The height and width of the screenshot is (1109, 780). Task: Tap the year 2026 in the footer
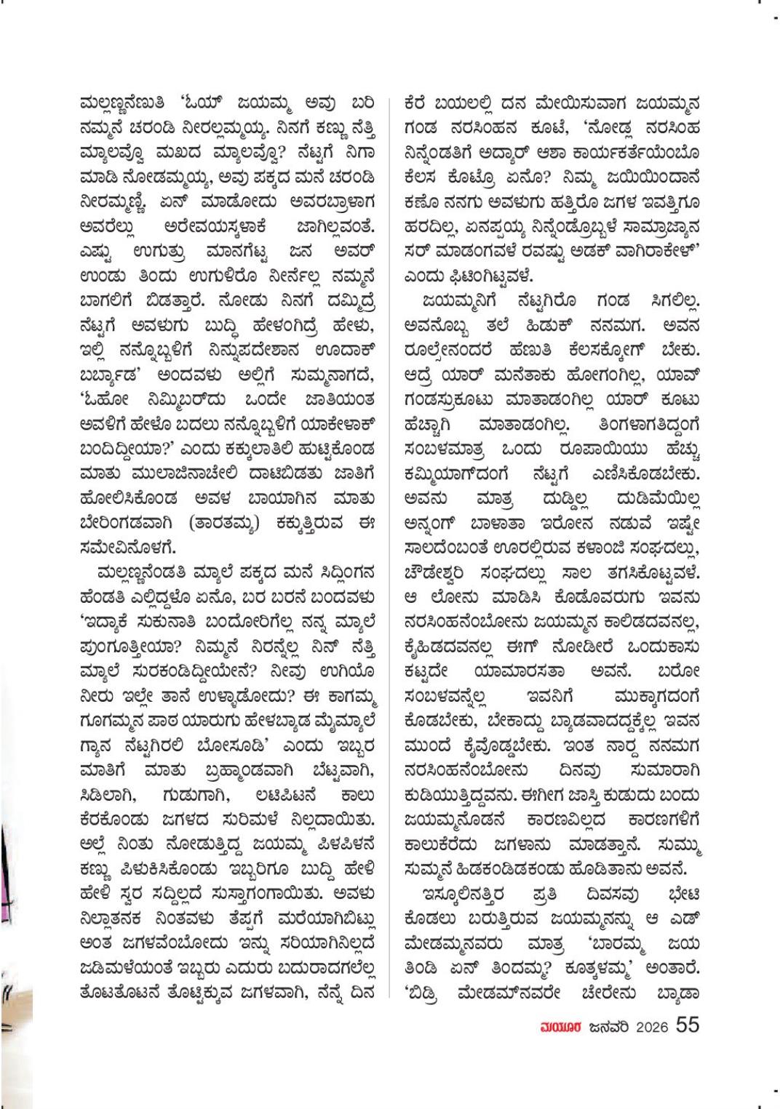point(651,1025)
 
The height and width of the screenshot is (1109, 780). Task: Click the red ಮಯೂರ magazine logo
point(557,1025)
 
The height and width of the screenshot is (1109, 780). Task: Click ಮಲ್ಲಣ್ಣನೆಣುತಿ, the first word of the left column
point(119,103)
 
